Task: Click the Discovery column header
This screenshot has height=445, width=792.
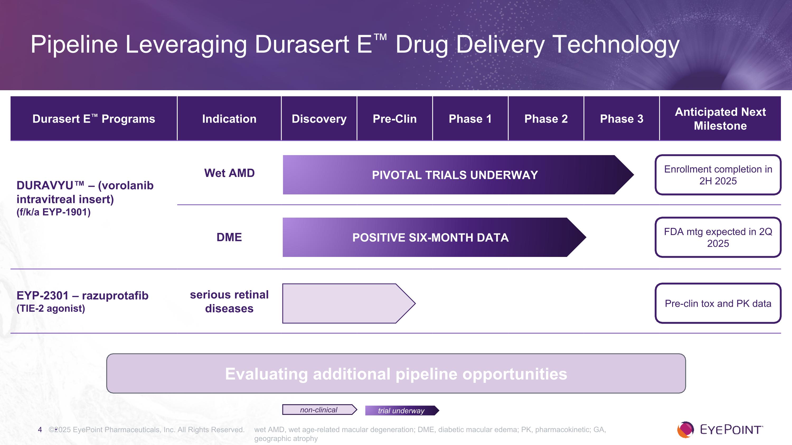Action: (x=319, y=119)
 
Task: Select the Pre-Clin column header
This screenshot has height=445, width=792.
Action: (x=394, y=119)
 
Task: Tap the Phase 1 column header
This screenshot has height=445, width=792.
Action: (x=470, y=119)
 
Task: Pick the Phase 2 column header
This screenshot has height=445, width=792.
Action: (x=546, y=119)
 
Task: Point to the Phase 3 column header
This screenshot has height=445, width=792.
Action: (x=621, y=119)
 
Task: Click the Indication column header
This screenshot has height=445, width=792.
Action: (x=229, y=119)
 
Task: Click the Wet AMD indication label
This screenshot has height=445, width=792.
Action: (x=229, y=173)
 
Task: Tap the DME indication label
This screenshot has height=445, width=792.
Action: (x=229, y=237)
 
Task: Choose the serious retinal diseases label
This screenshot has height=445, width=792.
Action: (x=229, y=301)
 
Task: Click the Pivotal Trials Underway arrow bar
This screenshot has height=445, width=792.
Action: (x=458, y=175)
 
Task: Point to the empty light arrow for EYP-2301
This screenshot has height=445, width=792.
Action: (x=349, y=303)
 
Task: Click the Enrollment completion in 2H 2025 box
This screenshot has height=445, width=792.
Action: (x=718, y=175)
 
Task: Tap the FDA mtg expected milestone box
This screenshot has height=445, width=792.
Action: (x=718, y=237)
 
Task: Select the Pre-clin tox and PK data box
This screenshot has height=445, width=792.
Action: (x=718, y=303)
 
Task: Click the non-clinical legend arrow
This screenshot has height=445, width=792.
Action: (x=320, y=410)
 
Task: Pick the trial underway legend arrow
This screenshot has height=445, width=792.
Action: (x=402, y=411)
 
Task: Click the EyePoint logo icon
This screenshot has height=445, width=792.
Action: (x=685, y=430)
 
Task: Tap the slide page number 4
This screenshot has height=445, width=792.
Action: (x=40, y=430)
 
